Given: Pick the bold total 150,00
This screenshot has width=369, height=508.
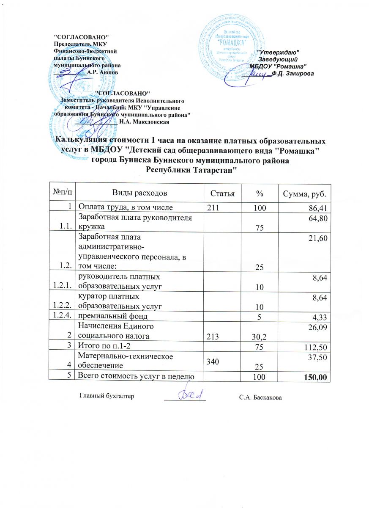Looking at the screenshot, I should [x=316, y=377].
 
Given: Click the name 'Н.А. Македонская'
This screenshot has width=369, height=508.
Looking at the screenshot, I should [x=145, y=122].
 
